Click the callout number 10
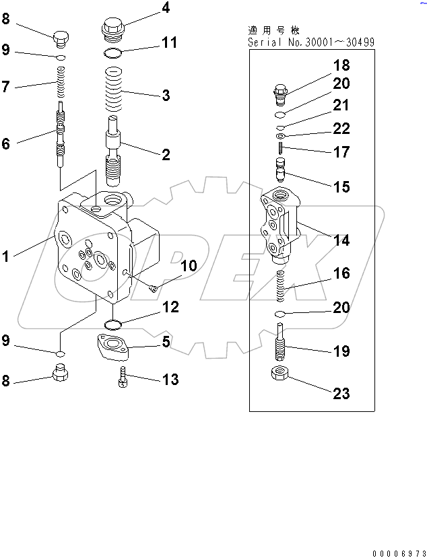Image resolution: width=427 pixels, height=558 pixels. (189, 267)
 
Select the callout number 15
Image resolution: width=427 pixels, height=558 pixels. (341, 186)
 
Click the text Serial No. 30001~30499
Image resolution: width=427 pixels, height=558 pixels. (312, 42)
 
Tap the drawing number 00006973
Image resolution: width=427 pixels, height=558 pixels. (396, 551)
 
